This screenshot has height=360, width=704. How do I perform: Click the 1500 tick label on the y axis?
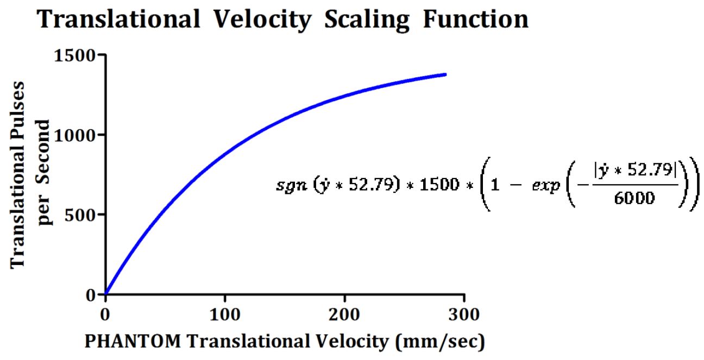[75, 55]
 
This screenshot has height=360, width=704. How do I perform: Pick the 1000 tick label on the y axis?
[75, 135]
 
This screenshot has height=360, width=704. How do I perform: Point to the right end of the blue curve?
[445, 74]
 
